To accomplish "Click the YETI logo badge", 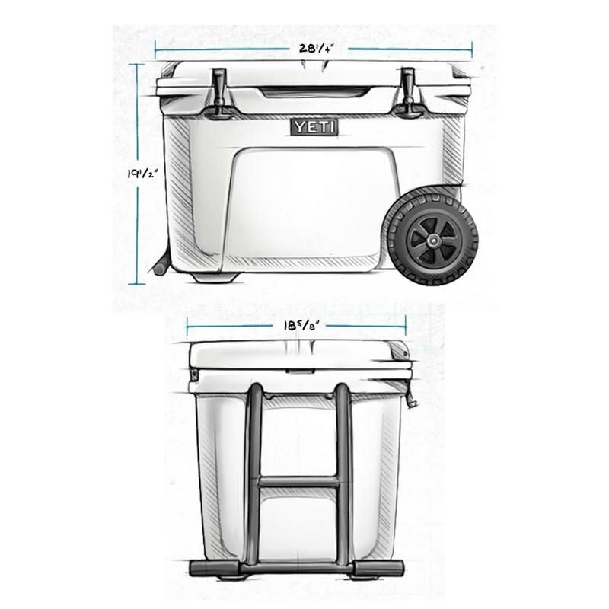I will [314, 127].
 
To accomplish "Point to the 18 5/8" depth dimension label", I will [299, 324].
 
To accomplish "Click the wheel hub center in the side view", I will [430, 241].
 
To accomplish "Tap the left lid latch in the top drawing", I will [219, 93].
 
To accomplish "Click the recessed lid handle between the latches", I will [314, 93].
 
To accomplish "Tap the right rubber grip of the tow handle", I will [381, 568].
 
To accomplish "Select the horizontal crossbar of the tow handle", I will [298, 482].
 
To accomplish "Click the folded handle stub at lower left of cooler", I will [161, 266].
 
